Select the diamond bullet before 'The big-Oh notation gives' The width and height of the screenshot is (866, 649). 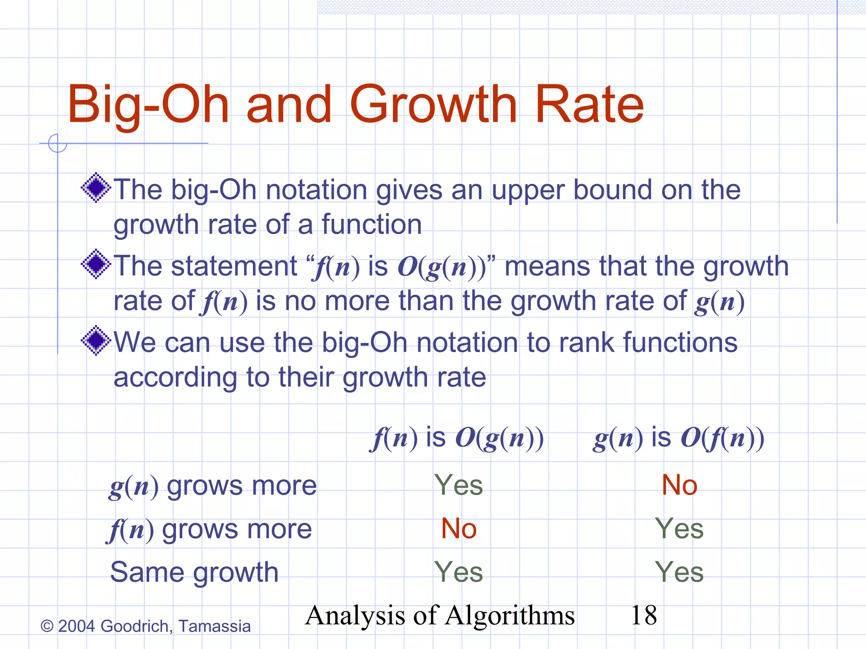coord(96,188)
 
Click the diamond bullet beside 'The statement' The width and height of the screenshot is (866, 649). coord(96,264)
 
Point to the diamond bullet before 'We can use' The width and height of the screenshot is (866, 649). coord(96,340)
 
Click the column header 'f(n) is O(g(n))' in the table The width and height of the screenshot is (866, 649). coord(457,438)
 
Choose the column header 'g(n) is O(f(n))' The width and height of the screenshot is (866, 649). coord(678,438)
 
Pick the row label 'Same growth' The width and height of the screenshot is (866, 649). coord(194,573)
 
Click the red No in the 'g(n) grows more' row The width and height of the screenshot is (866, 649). coord(679,485)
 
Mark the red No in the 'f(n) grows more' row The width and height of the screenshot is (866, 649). coord(459,529)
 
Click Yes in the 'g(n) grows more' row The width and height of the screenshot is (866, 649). coord(458,485)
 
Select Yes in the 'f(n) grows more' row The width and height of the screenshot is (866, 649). coord(679,529)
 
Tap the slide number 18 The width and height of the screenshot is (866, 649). coord(644,615)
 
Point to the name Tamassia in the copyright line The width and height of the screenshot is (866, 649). coord(214,626)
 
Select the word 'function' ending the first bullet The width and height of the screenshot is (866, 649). coord(372,224)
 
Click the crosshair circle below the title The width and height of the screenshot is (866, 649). coord(58,143)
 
